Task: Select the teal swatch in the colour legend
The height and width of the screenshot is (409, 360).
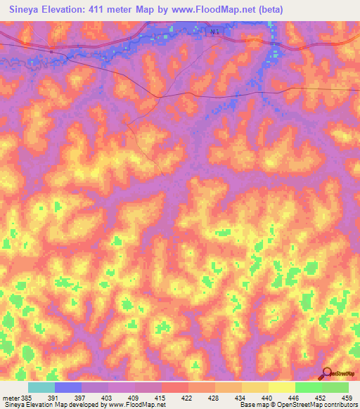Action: (41, 388)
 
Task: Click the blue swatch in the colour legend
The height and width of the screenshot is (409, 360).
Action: (68, 388)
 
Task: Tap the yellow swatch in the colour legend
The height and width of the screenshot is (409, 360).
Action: (282, 388)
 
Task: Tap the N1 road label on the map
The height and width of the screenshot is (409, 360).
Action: (214, 32)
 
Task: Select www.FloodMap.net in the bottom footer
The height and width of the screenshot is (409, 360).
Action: (133, 405)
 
